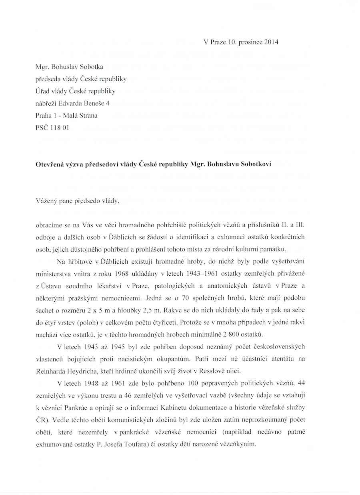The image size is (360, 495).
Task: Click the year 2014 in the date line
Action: point(271,42)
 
